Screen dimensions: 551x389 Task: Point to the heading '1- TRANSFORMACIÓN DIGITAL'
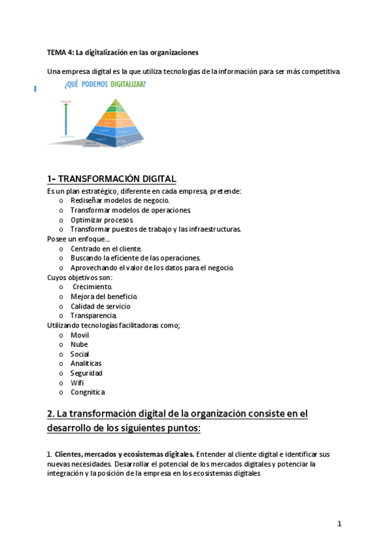coord(111,179)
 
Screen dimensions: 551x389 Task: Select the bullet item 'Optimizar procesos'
coord(102,220)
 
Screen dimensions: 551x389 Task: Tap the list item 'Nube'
coord(79,344)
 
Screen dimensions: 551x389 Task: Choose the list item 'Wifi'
coord(77,383)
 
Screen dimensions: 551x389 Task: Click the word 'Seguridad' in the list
coord(87,373)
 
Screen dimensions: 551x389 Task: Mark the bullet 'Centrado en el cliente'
coord(106,248)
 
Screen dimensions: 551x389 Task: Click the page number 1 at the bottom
coord(339,523)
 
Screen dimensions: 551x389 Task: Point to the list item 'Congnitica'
coord(88,392)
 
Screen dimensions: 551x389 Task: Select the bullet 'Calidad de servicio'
coord(100,306)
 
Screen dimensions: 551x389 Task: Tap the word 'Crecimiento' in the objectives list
coord(92,287)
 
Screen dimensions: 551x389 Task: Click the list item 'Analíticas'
coord(86,363)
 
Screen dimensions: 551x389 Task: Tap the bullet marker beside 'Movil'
coord(61,335)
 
